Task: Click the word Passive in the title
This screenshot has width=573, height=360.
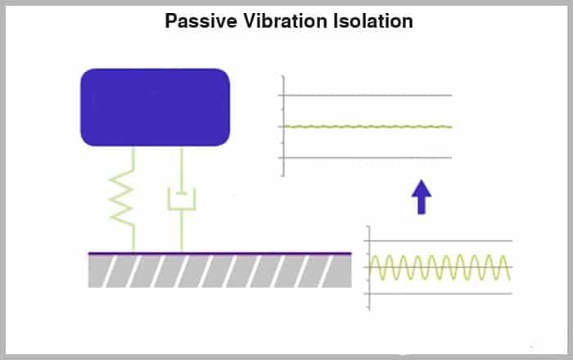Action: tap(201, 21)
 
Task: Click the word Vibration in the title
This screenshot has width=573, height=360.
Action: tap(286, 21)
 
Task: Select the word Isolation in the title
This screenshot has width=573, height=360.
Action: tap(373, 21)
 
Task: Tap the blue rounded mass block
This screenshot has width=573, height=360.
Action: tap(155, 107)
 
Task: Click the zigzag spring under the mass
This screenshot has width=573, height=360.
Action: tap(122, 199)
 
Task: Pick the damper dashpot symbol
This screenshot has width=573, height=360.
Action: tap(182, 200)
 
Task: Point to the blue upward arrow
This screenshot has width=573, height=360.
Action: tap(422, 197)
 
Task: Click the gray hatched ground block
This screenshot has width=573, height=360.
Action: tap(219, 271)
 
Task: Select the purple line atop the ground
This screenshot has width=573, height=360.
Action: tap(219, 253)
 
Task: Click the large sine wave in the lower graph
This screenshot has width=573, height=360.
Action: tap(440, 268)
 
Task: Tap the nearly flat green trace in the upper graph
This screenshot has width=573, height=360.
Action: tap(368, 127)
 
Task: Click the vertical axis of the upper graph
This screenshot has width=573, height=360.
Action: tap(283, 126)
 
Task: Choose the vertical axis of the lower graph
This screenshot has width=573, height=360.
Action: tap(369, 268)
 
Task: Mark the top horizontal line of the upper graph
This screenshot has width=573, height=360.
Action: tap(365, 95)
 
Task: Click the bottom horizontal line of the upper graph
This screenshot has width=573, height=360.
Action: tap(365, 158)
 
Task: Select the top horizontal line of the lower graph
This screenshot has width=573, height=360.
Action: tap(438, 241)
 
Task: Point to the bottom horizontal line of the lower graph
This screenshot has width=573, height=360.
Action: tap(438, 294)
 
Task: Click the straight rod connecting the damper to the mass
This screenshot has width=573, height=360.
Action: tap(182, 170)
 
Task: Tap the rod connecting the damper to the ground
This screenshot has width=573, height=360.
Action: tap(182, 231)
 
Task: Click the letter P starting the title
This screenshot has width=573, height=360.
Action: tap(170, 21)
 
